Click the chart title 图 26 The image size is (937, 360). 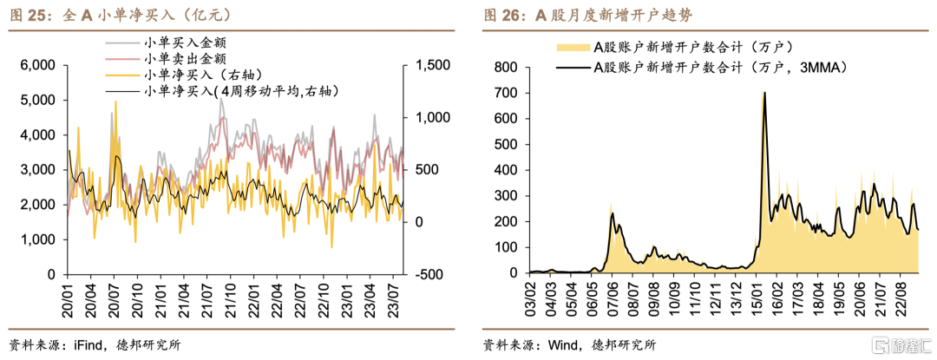click(x=589, y=16)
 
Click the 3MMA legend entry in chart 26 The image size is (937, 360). click(x=702, y=68)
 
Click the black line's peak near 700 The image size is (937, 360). click(x=765, y=93)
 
